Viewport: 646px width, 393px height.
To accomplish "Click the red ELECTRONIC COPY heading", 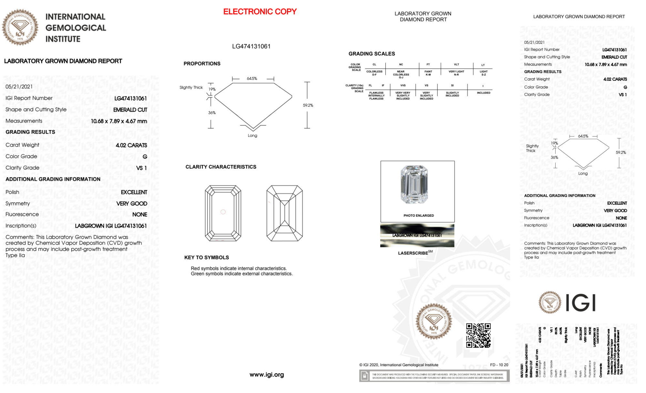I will (x=260, y=12).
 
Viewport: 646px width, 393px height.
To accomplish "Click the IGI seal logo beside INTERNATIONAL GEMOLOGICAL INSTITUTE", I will (x=20, y=27).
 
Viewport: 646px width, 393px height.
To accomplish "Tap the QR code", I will (x=478, y=335).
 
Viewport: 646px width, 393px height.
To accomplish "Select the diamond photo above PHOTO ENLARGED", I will (x=414, y=185).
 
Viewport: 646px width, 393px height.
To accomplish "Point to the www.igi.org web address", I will (x=267, y=375).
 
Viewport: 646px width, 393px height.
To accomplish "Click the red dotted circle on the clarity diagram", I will (x=223, y=212).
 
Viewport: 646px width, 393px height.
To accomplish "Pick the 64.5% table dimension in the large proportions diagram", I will (x=252, y=79).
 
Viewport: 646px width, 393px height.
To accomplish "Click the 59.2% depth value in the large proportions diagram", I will (x=308, y=105).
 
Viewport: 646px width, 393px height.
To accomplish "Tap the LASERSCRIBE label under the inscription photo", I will (x=413, y=253).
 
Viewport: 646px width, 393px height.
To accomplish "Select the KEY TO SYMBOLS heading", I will (x=207, y=257).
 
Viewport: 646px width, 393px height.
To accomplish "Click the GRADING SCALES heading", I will (x=372, y=54).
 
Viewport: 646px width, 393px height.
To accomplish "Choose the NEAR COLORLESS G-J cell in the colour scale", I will (x=401, y=74).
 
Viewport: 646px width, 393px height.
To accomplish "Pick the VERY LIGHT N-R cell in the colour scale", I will (x=456, y=73).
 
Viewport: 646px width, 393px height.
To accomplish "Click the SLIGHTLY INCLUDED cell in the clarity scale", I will (x=452, y=94).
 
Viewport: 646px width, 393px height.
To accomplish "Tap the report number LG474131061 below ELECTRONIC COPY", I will (x=251, y=46).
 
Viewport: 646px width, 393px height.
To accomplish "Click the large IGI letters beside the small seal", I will (x=581, y=303).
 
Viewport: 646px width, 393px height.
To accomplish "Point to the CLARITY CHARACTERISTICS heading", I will (x=221, y=167).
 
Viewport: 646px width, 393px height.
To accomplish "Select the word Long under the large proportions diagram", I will (x=252, y=136).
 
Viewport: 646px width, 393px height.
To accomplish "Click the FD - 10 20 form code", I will (x=499, y=365).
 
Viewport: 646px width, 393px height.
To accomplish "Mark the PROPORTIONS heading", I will (x=202, y=64).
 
